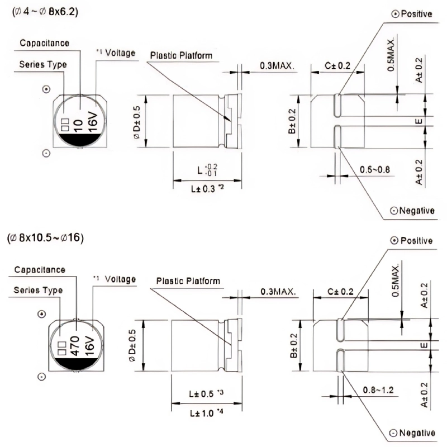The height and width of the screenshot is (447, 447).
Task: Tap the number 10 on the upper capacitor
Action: click(79, 123)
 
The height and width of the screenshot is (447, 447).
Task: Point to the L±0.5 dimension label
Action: click(206, 394)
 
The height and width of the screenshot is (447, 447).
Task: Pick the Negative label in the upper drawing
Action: click(412, 211)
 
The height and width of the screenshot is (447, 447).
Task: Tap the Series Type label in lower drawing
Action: click(38, 290)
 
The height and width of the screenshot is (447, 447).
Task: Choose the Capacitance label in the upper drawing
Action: click(45, 43)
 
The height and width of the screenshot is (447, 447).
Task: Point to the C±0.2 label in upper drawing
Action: click(337, 66)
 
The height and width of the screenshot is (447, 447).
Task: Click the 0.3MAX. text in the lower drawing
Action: click(277, 292)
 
